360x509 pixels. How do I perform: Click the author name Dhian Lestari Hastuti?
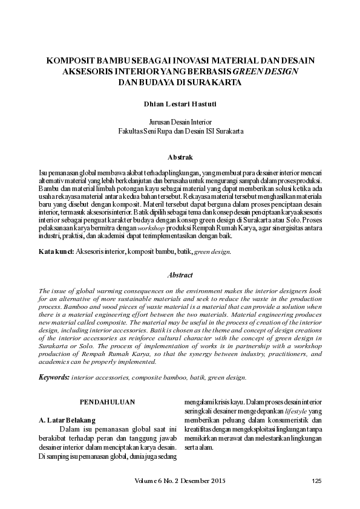180,103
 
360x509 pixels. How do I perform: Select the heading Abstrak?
180,157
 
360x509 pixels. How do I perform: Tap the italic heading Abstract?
180,275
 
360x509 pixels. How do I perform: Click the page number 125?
316,481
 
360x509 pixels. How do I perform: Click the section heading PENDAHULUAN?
108,401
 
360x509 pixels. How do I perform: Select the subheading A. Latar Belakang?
67,419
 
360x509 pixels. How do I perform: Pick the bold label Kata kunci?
56,251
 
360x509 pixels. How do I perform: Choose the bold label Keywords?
53,377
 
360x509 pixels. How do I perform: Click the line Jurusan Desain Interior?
180,121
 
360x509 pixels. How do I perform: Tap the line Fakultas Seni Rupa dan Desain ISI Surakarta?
180,130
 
